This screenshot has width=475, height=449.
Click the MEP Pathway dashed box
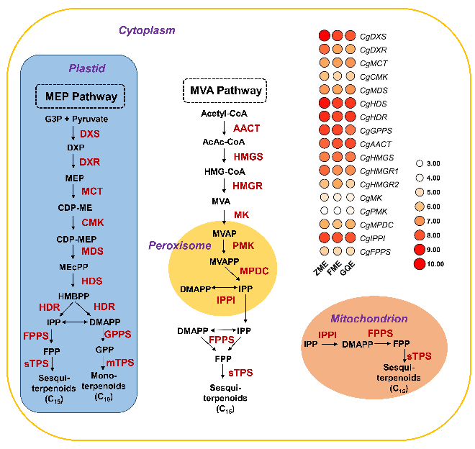[x=81, y=96]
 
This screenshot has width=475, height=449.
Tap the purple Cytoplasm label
[x=147, y=31]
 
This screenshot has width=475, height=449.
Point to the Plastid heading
[x=87, y=68]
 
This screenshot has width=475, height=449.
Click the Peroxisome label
[x=178, y=245]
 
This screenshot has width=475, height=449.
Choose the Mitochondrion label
[x=369, y=318]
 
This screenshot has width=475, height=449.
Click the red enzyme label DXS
[x=90, y=135]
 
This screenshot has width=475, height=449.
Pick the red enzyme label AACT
[x=246, y=127]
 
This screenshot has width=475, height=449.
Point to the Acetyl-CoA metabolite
[x=225, y=114]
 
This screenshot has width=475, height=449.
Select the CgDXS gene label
[x=374, y=36]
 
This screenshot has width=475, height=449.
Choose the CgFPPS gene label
[x=376, y=251]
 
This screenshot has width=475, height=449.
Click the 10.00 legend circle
[x=420, y=263]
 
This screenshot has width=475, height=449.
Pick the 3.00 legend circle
[x=420, y=163]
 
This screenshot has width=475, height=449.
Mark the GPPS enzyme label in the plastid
[x=118, y=335]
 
